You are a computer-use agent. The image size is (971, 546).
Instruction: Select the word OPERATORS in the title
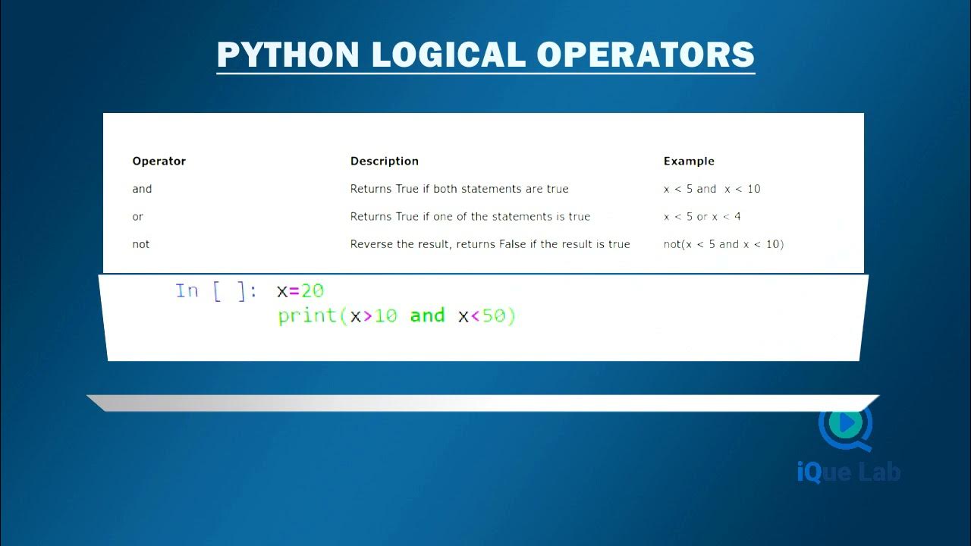coord(646,55)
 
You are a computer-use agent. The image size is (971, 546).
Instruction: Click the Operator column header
coord(159,161)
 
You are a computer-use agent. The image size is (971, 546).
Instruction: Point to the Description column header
coord(384,161)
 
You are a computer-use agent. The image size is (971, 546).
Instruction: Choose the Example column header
coord(689,161)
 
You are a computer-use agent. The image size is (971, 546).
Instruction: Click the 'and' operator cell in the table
coord(142,189)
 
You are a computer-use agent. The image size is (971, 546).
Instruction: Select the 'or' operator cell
coord(137,216)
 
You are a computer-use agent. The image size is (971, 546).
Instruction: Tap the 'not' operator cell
coord(141,244)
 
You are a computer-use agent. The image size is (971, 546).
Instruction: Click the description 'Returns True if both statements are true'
coord(459,189)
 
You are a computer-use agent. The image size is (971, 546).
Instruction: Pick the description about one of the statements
coord(470,216)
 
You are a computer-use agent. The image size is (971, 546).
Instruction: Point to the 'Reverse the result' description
coord(490,244)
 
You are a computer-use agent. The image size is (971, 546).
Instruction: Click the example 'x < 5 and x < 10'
coord(712,189)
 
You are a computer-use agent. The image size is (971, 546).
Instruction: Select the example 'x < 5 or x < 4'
coord(702,216)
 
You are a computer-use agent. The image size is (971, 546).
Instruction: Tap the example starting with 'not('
coord(723,244)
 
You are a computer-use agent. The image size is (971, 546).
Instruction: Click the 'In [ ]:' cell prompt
coord(215,291)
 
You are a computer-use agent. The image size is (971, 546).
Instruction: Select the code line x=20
coord(300,291)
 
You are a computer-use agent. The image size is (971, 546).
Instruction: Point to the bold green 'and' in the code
coord(427,315)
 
